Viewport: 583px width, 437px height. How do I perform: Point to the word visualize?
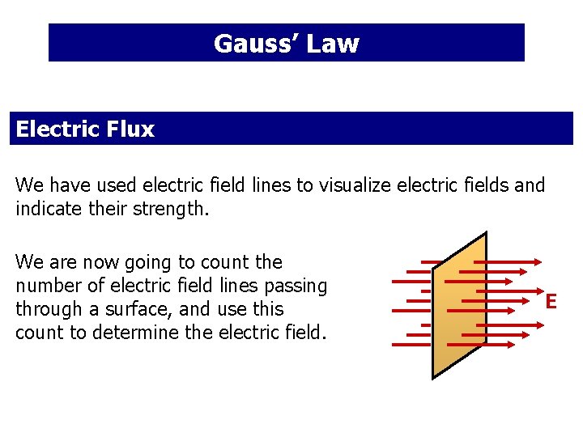(355, 185)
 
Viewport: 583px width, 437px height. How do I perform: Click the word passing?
(299, 286)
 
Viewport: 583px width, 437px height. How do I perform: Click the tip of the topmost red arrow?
(541, 261)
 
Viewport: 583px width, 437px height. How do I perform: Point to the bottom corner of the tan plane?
(433, 377)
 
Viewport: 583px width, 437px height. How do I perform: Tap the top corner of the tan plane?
(486, 233)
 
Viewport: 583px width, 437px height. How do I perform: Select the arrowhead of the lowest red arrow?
(512, 344)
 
